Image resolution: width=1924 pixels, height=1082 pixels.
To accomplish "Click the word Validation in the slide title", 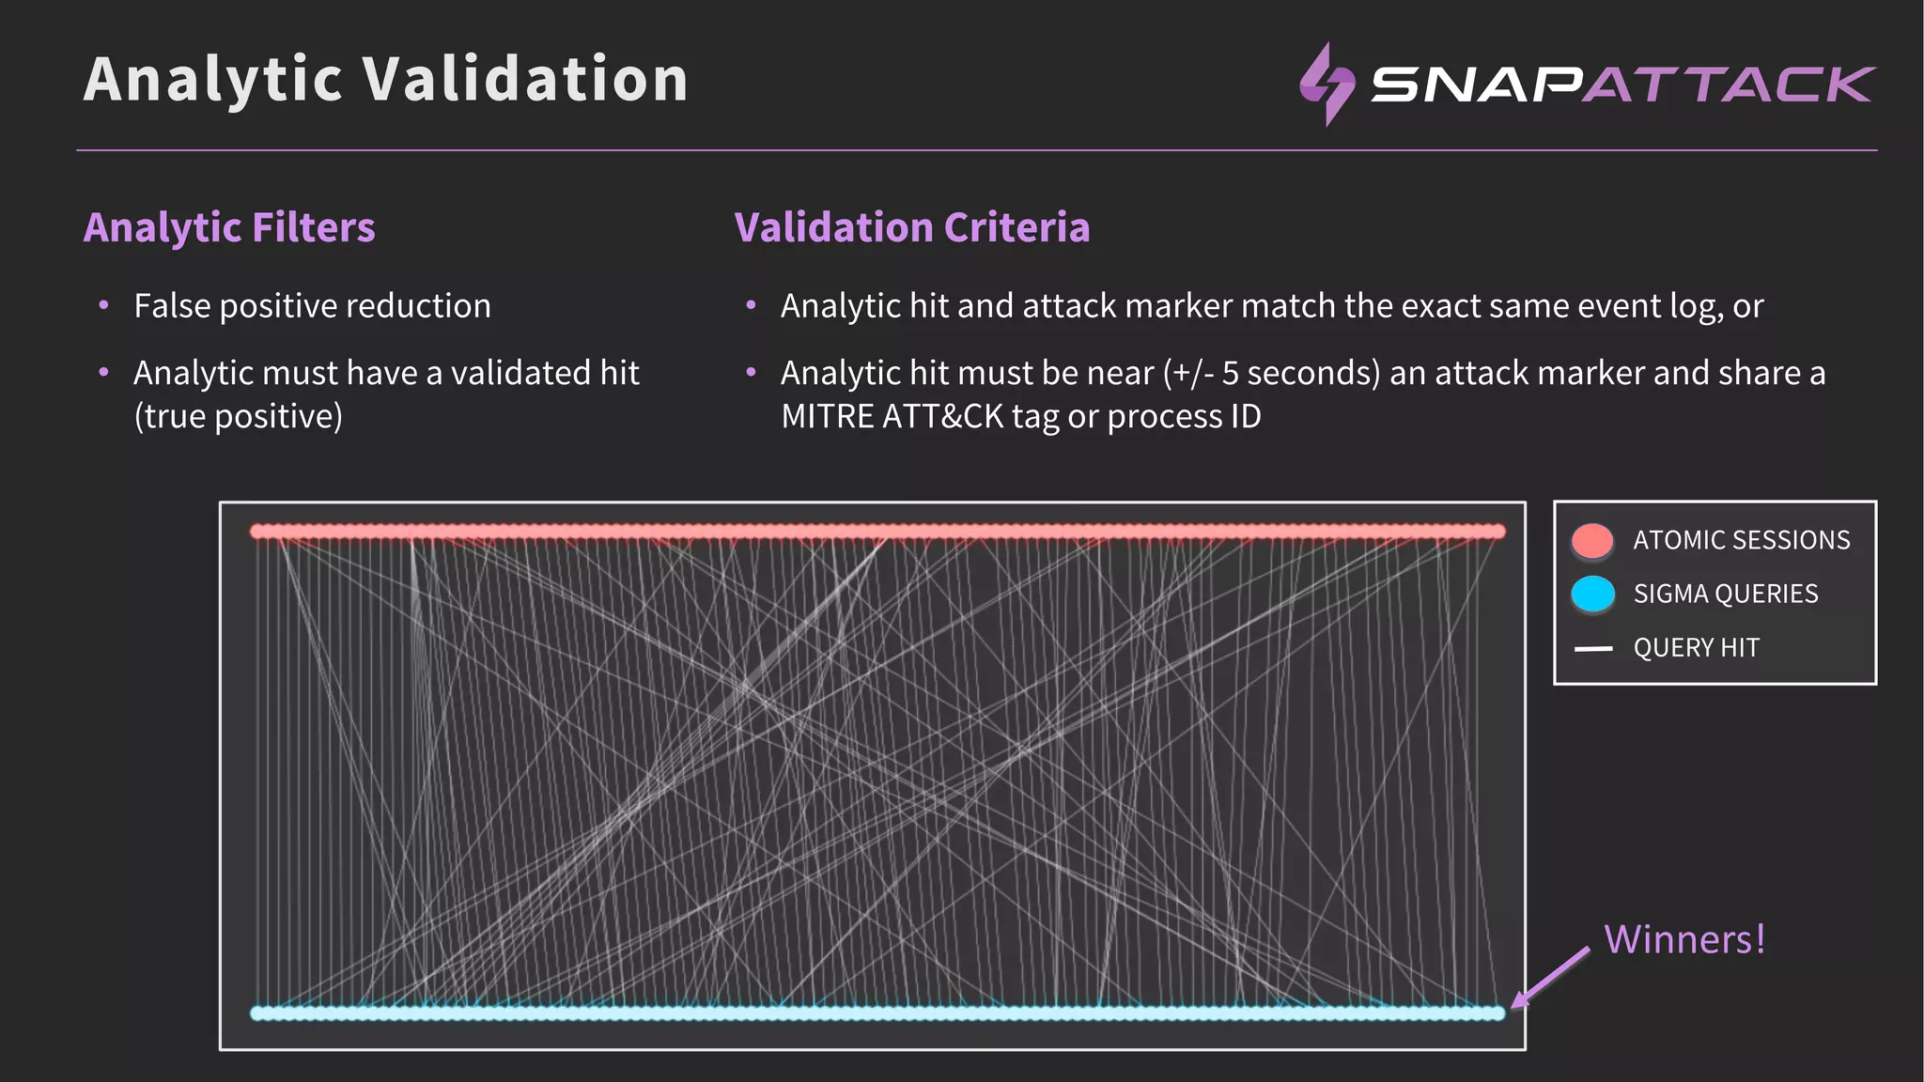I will [x=525, y=79].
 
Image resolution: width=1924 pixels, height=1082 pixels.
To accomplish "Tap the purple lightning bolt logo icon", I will [x=1327, y=85].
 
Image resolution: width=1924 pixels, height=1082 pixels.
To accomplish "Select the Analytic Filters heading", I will [x=229, y=227].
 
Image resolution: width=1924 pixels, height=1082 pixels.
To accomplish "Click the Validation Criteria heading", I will [x=911, y=227].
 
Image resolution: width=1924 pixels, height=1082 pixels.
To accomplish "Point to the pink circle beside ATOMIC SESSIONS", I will [x=1592, y=541].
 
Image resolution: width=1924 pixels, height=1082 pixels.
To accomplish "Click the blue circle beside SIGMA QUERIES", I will [x=1592, y=594].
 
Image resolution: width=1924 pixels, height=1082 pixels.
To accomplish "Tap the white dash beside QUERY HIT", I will [x=1592, y=648].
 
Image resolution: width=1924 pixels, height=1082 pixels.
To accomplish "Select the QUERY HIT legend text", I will [x=1696, y=648].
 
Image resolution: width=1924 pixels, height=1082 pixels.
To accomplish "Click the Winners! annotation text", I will [x=1684, y=939].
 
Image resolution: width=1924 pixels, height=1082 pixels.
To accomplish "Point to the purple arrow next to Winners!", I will [x=1550, y=977].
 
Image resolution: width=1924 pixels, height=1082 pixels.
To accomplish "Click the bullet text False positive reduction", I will [x=312, y=306].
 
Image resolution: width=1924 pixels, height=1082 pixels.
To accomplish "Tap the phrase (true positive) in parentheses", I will [x=239, y=416].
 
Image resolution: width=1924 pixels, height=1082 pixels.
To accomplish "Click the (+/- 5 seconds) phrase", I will [x=1271, y=373].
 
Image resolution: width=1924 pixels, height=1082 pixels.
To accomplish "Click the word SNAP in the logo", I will [x=1475, y=85].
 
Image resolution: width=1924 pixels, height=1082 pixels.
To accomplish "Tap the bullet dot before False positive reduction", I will [x=104, y=306].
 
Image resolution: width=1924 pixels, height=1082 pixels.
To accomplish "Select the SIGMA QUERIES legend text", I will [x=1725, y=594].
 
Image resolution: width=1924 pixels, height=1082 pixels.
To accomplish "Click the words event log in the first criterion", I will [x=1650, y=306].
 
